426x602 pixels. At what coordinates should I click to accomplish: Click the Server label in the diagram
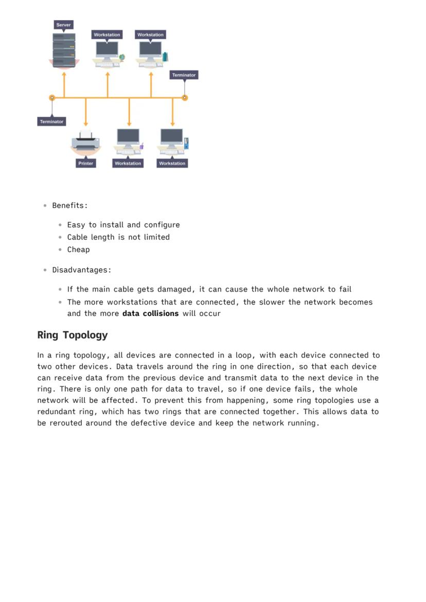(x=64, y=25)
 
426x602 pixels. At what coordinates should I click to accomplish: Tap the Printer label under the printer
(x=85, y=163)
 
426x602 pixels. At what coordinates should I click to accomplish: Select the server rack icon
(x=64, y=50)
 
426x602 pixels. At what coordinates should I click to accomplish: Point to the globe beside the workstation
(x=122, y=57)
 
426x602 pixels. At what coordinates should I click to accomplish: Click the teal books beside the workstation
(x=165, y=57)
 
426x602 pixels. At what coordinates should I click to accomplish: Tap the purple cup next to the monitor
(x=141, y=146)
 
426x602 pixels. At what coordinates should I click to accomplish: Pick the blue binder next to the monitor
(x=186, y=143)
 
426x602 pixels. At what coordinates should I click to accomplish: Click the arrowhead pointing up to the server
(x=64, y=75)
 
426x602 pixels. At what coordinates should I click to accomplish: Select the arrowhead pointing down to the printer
(x=85, y=123)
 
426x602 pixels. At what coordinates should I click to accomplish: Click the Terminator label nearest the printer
(x=51, y=121)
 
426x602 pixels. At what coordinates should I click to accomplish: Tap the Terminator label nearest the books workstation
(x=184, y=75)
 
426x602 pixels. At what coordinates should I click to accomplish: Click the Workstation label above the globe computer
(x=107, y=34)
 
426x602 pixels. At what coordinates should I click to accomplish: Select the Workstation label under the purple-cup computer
(x=128, y=163)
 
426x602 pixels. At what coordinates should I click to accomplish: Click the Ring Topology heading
(x=73, y=335)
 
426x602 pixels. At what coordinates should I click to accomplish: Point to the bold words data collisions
(x=150, y=313)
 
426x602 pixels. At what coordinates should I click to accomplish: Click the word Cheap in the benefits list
(x=78, y=250)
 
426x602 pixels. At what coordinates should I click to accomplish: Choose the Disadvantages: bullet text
(x=82, y=270)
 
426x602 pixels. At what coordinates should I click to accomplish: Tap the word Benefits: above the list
(x=70, y=205)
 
